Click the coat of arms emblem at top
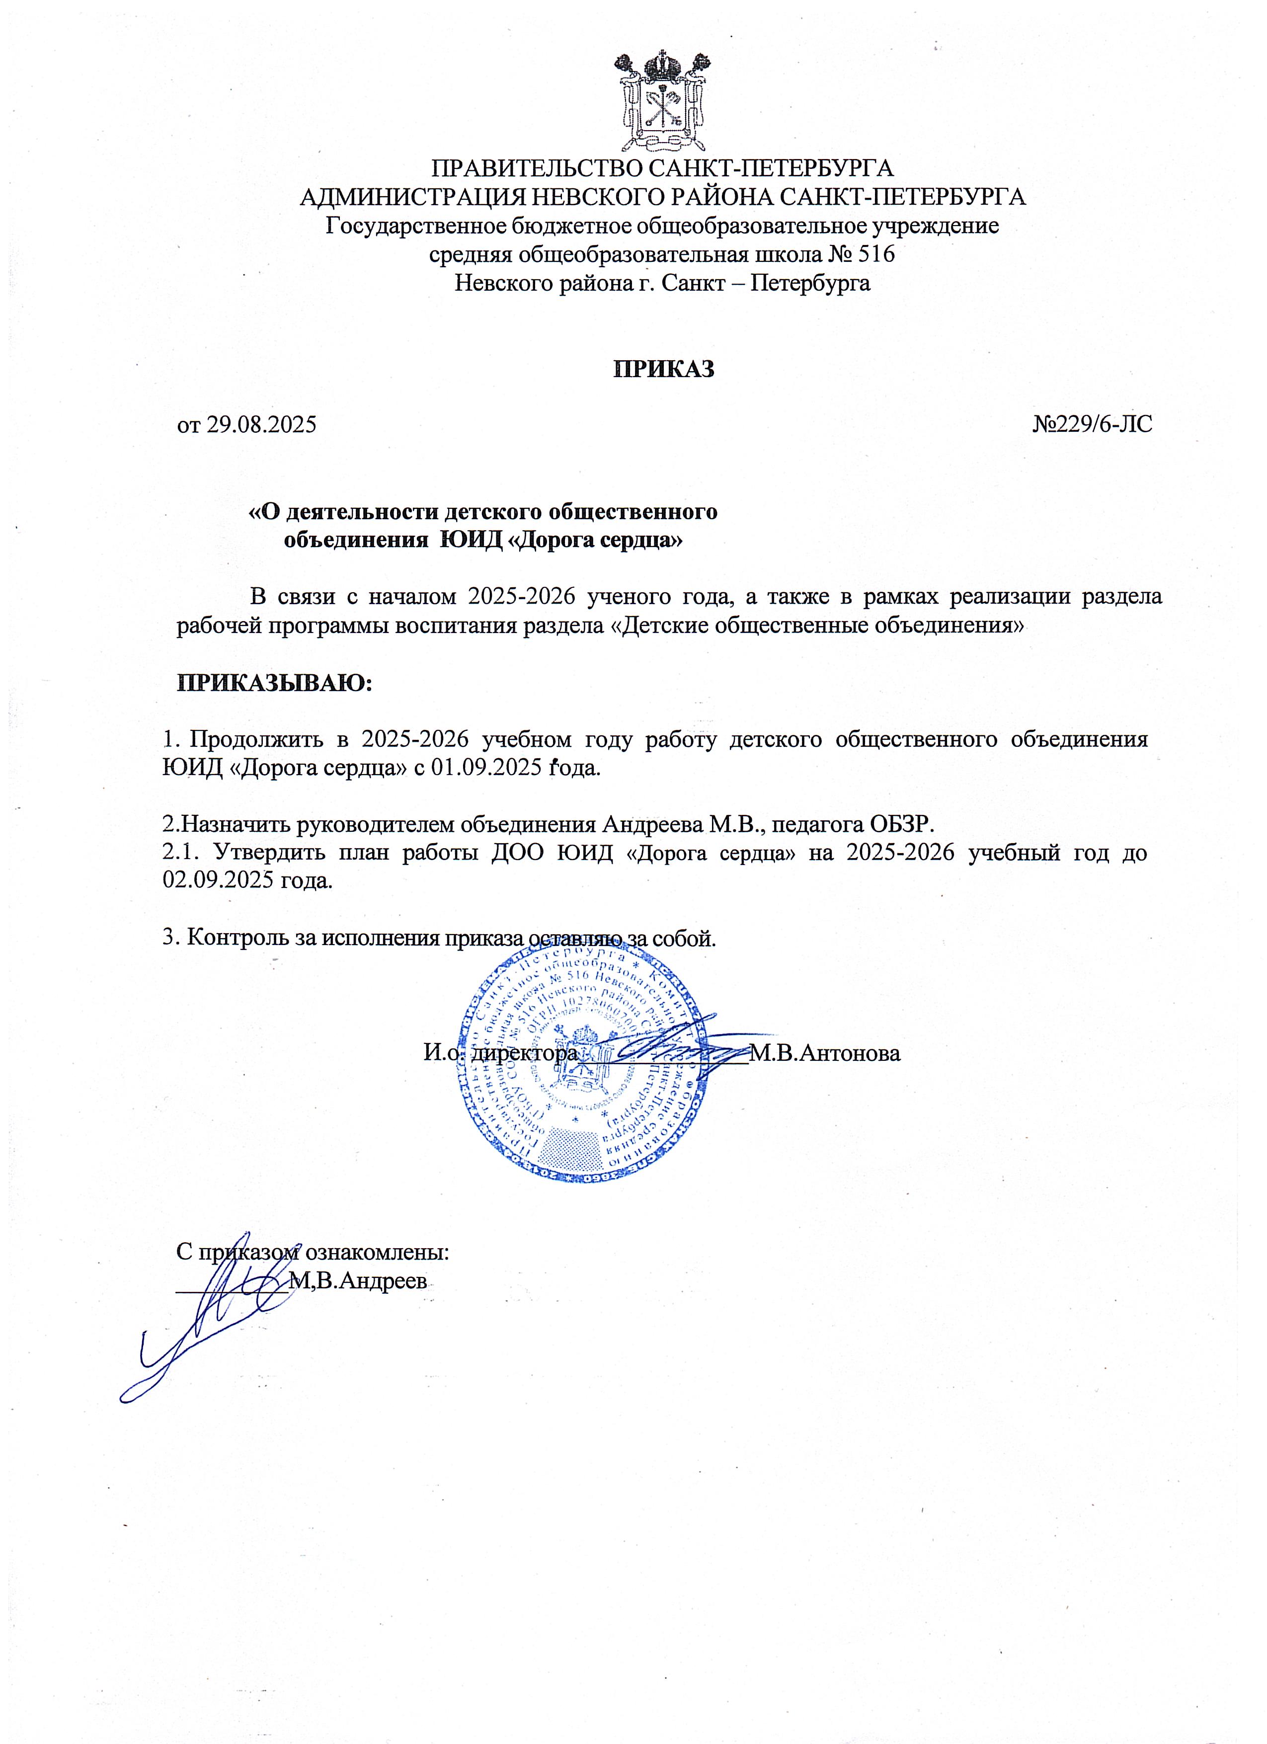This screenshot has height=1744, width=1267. [x=663, y=100]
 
